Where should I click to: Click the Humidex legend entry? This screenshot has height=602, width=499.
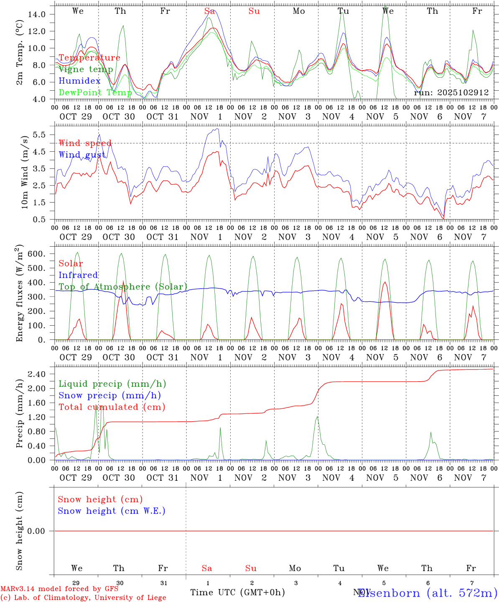point(79,81)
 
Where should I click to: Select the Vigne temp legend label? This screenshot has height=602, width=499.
point(86,69)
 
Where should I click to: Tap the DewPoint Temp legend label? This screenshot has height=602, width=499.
point(95,92)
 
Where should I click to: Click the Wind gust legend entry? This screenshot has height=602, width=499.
point(82,155)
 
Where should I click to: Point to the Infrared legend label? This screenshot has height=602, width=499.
point(78,275)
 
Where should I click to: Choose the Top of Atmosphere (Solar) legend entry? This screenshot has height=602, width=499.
point(122,287)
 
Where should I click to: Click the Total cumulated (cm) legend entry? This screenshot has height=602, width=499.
point(112,407)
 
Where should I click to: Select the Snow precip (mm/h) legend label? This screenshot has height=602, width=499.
point(109,395)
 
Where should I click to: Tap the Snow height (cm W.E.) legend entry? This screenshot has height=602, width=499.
point(112,511)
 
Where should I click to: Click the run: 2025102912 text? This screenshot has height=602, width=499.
point(451,92)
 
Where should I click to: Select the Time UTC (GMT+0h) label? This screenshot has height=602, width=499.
point(237,592)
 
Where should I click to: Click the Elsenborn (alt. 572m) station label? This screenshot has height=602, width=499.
point(427,593)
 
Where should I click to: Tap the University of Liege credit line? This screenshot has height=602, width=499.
point(83,598)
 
